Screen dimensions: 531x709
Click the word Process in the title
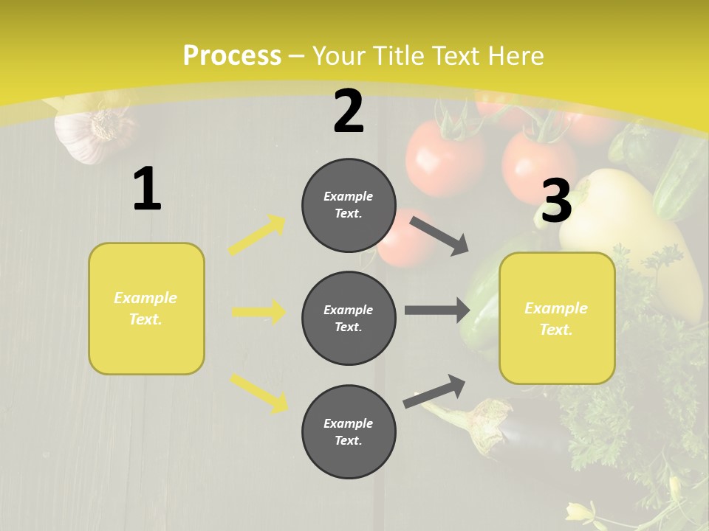pos(232,56)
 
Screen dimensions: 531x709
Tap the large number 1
pos(147,190)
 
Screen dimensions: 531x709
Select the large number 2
pos(349,111)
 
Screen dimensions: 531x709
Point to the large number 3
pos(556,201)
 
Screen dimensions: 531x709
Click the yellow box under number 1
pos(146,308)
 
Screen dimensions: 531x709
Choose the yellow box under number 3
pos(557,318)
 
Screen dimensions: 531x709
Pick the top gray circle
pos(349,205)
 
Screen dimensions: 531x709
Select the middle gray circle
pos(349,318)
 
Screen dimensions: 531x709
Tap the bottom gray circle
pos(349,431)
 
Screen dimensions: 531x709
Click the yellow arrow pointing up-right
pos(257,235)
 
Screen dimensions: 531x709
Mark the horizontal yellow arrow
pos(258,312)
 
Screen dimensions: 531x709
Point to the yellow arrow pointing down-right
pos(258,393)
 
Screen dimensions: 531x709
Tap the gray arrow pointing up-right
pos(435,391)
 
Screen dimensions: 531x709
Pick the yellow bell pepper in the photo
pos(628,221)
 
